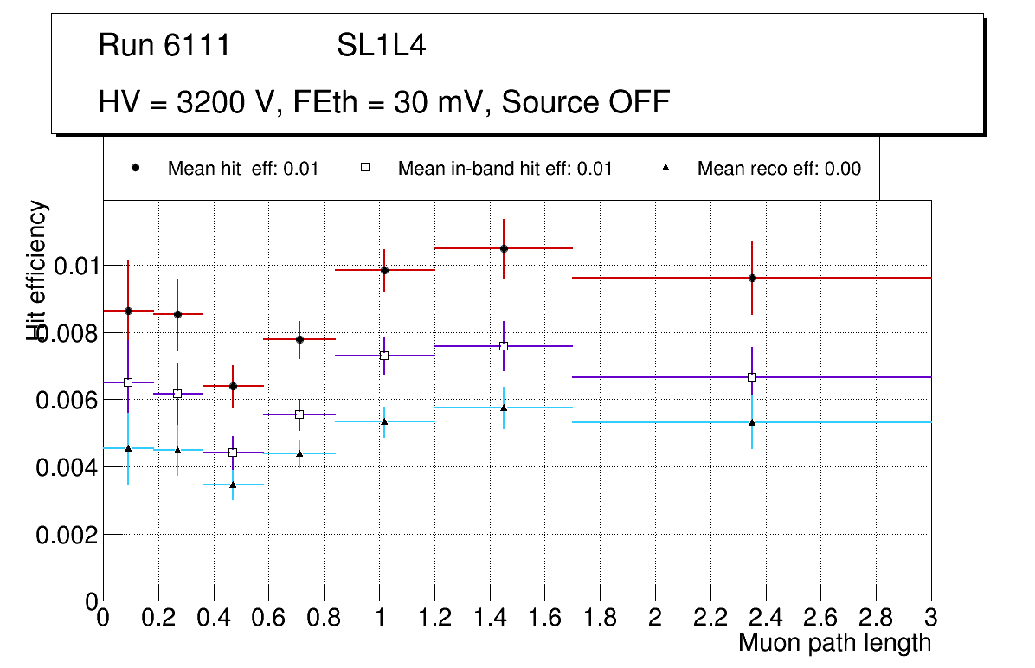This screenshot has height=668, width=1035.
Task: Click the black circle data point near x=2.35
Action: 752,278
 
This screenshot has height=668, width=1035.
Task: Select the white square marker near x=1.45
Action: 504,346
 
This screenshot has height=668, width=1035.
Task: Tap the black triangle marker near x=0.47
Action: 233,485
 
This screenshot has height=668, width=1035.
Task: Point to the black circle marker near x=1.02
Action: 384,270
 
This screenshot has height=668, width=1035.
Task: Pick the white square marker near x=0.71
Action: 299,414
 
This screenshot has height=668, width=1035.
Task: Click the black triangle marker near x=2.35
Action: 752,422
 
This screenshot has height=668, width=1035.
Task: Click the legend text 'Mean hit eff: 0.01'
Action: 243,169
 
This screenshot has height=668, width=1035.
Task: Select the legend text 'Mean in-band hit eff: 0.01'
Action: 505,169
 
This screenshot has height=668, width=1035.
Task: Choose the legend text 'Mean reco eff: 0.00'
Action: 779,169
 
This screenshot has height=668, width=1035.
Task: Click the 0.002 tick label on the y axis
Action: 66,536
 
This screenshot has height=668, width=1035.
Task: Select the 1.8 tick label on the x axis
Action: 600,618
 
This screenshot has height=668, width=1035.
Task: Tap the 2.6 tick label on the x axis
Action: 820,618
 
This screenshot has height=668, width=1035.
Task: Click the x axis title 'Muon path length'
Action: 834,643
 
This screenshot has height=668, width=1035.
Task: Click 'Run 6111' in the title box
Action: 164,45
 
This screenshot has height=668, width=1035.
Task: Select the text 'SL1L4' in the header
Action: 381,45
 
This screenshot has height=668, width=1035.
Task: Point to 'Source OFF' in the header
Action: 586,102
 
